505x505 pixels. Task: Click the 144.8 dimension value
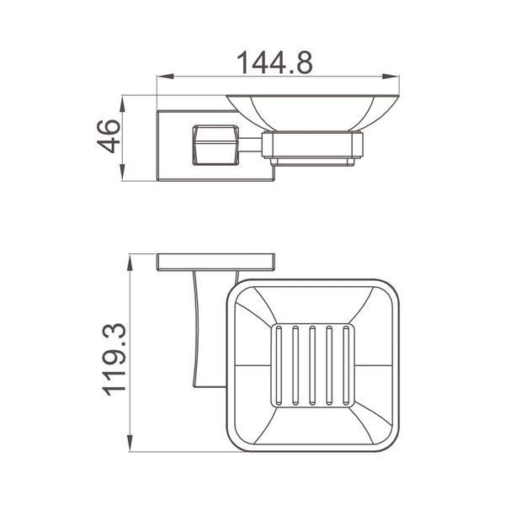point(274,62)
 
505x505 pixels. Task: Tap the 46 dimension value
point(109,136)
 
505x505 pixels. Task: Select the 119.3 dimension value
point(114,359)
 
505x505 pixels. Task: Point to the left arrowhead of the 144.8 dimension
point(166,77)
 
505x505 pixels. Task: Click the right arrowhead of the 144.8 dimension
point(391,77)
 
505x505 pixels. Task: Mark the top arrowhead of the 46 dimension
point(122,104)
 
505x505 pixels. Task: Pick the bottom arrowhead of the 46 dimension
point(122,173)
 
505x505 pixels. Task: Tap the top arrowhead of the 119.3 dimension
point(130,263)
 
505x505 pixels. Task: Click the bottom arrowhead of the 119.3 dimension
point(130,444)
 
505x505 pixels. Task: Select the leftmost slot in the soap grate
point(279,365)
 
